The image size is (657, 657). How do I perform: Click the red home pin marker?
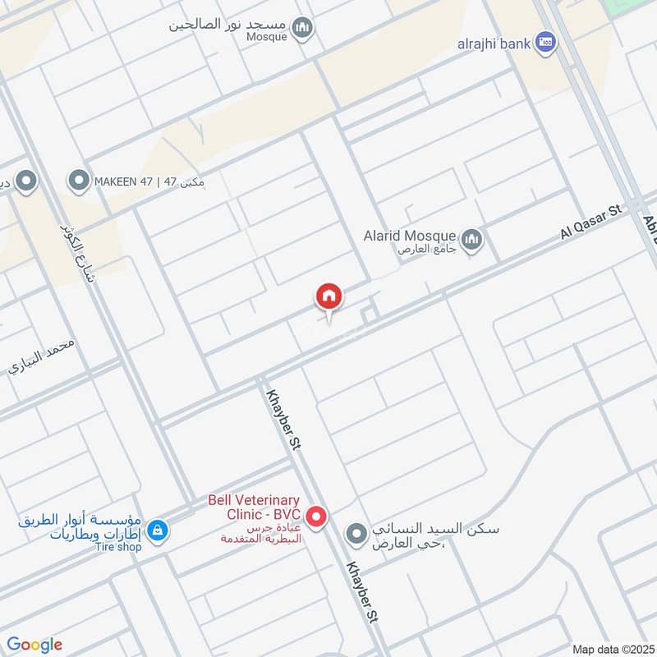pyautogui.click(x=329, y=297)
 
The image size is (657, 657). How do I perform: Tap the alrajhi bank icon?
pyautogui.click(x=545, y=43)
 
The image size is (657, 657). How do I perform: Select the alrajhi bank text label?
pyautogui.click(x=494, y=44)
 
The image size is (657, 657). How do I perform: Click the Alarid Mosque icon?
pyautogui.click(x=471, y=240)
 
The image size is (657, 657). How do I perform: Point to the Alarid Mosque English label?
pyautogui.click(x=410, y=236)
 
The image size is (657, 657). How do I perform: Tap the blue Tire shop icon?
pyautogui.click(x=159, y=531)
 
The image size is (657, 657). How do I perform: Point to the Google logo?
pyautogui.click(x=34, y=645)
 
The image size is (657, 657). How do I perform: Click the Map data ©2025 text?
pyautogui.click(x=611, y=649)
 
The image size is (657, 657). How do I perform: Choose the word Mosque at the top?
pyautogui.click(x=267, y=36)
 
